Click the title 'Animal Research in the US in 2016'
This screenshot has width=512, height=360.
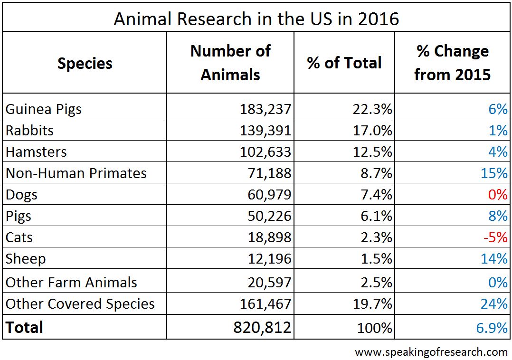click(x=256, y=19)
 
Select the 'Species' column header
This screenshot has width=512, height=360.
click(x=85, y=63)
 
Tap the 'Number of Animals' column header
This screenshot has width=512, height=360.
click(x=230, y=63)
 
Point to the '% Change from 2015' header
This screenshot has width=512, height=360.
click(x=452, y=63)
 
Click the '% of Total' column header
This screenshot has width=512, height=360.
click(x=344, y=63)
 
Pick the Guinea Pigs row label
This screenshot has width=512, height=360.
click(x=44, y=109)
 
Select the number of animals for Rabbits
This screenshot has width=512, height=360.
click(x=265, y=131)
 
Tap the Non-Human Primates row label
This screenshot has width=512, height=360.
click(x=76, y=173)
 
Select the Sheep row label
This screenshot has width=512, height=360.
click(x=26, y=259)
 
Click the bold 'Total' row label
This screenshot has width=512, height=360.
click(x=24, y=327)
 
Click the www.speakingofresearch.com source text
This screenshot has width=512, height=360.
click(x=431, y=352)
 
